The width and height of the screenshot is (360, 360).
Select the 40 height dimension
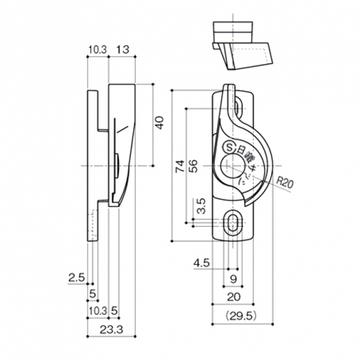coord(159,122)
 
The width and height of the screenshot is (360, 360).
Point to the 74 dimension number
coord(179,167)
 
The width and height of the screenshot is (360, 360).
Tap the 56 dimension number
coord(193,167)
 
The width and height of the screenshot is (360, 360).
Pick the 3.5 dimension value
coord(202,206)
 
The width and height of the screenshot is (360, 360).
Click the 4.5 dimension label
coord(202,262)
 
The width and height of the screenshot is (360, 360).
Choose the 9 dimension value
coord(233,279)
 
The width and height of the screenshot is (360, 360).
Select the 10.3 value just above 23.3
coord(97,310)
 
